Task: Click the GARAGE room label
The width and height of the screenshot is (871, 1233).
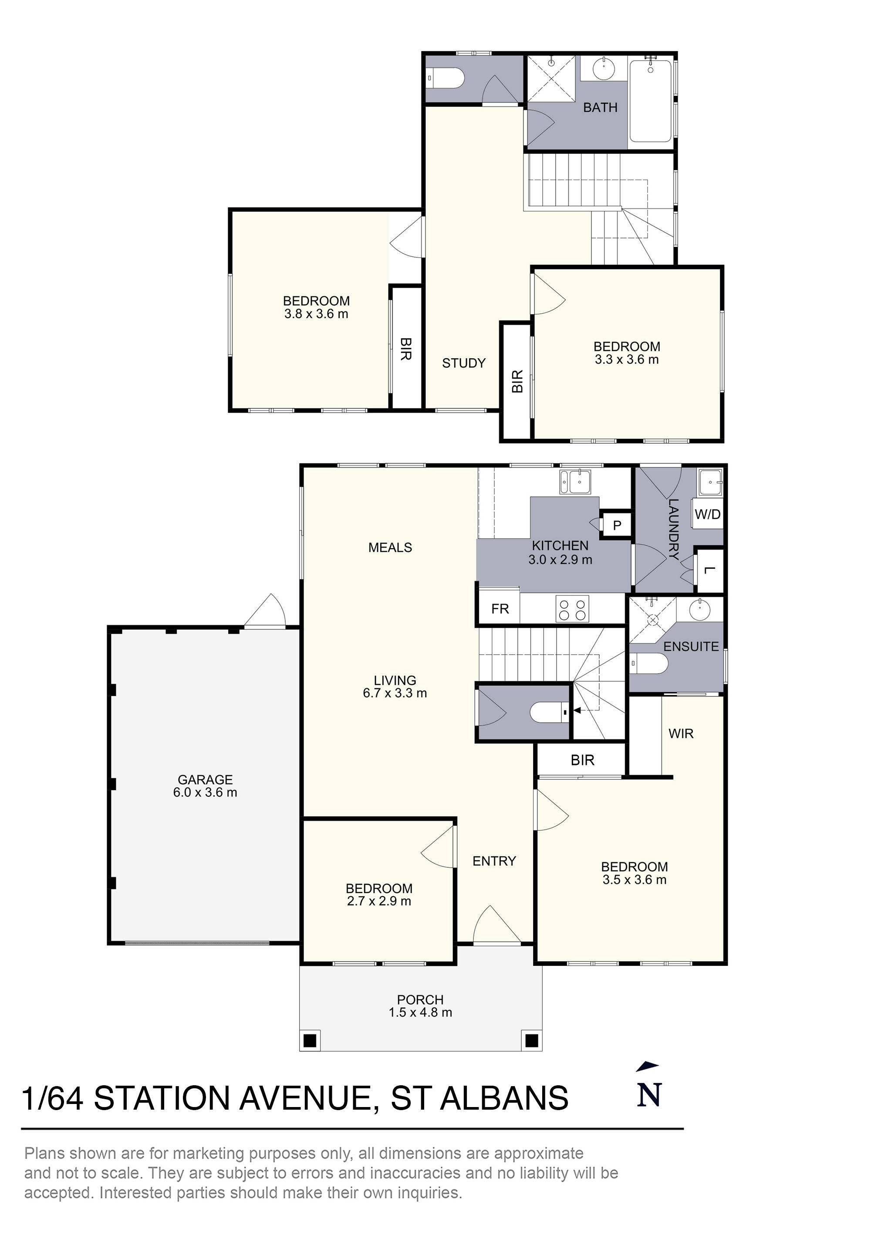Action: click(205, 779)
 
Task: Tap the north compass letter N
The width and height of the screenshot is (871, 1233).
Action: click(649, 1095)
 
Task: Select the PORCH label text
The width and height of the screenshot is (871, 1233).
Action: click(420, 999)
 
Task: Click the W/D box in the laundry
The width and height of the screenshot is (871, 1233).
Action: click(707, 514)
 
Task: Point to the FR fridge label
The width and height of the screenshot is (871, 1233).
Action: click(500, 608)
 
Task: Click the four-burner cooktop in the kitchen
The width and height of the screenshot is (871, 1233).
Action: click(572, 608)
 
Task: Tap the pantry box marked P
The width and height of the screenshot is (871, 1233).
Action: click(617, 525)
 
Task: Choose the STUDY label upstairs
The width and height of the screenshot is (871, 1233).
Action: click(464, 363)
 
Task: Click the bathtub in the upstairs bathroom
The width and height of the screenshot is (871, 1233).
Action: click(650, 101)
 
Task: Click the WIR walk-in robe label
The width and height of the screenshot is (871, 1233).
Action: click(681, 734)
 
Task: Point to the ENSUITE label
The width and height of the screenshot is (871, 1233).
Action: click(691, 647)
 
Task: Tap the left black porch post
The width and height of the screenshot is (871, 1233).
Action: click(310, 1040)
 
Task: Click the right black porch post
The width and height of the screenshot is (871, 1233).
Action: click(531, 1040)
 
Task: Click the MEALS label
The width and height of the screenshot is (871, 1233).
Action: click(390, 547)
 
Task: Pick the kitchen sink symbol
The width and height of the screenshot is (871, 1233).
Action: click(575, 482)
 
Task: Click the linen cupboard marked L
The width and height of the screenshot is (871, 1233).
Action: click(709, 571)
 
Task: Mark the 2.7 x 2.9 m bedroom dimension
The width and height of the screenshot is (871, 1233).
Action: click(379, 901)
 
